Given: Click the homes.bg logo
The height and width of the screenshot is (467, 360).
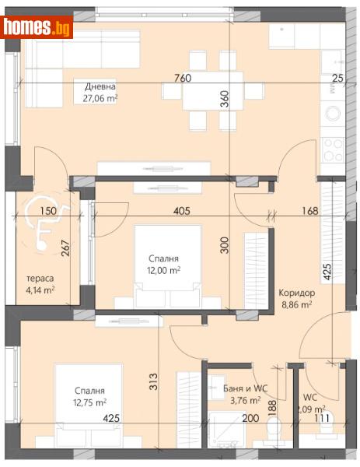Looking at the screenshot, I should coord(37,27).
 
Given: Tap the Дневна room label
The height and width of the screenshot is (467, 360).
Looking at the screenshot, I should coord(101,86).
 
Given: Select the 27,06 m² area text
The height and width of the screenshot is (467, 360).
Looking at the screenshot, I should coord(101,98).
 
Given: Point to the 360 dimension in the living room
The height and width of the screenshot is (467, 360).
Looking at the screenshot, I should coord(225,99).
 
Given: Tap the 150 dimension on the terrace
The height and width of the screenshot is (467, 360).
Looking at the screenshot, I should coord(47,211).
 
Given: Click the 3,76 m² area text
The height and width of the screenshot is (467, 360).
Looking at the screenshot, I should coord(230,402).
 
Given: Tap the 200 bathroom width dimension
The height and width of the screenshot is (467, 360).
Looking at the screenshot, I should coord(248,418).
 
